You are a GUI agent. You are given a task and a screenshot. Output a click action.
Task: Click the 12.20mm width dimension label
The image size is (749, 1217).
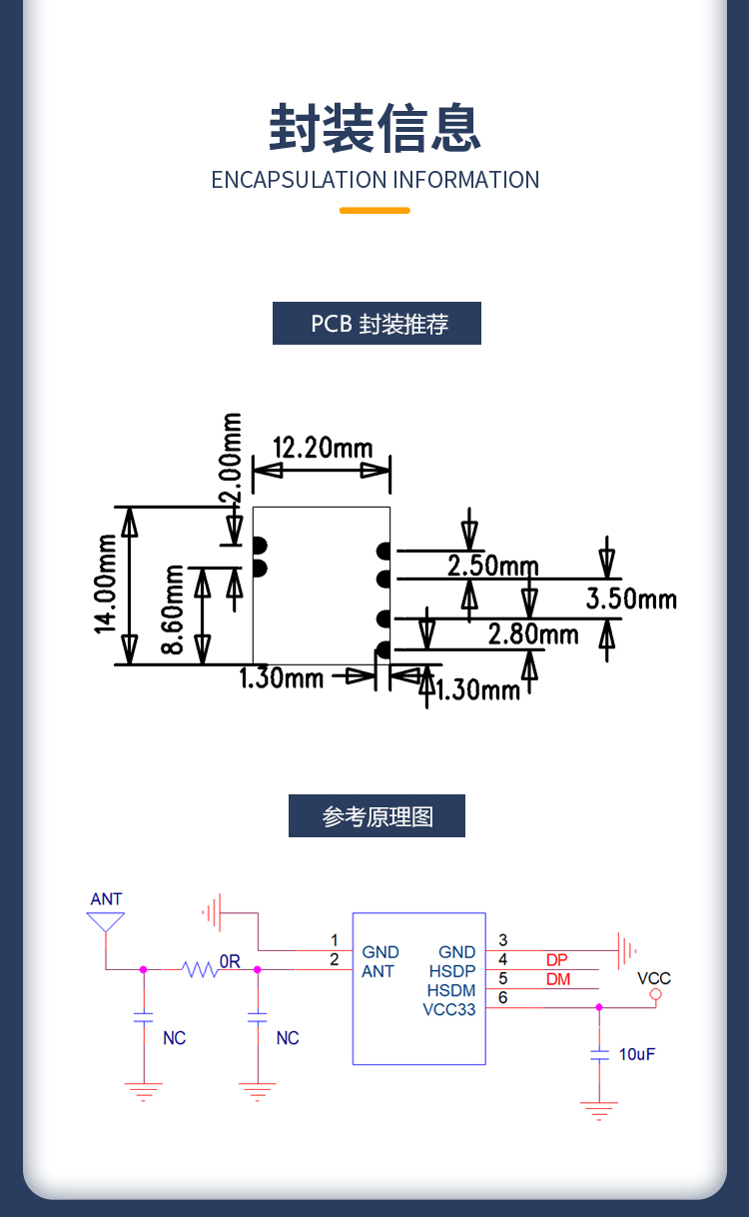point(322,447)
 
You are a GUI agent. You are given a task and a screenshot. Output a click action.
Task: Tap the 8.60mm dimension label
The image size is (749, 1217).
point(173,609)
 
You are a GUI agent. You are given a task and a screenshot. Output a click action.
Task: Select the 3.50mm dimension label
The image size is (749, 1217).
point(631,600)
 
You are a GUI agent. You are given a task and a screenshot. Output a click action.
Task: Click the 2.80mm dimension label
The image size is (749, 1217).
point(533,634)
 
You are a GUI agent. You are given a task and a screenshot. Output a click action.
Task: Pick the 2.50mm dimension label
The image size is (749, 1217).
point(492,567)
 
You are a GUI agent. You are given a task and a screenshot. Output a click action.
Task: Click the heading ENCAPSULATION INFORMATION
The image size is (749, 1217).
point(374,180)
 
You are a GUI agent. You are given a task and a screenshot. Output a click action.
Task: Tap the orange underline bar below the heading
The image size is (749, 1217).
point(374,210)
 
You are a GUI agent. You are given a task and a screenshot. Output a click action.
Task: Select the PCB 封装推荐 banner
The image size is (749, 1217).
point(376,324)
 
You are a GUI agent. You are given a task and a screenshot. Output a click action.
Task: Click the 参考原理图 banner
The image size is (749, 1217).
point(376,816)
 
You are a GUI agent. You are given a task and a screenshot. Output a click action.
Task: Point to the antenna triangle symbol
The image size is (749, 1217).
point(106,921)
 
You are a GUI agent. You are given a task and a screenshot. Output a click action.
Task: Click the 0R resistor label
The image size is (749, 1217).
point(230,961)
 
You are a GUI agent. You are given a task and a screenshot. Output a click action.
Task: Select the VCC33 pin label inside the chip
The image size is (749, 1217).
point(448,1009)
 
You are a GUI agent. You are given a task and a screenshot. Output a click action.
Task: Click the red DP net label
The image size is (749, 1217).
point(557,960)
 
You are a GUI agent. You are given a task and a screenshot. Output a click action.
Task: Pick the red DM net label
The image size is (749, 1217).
point(557,980)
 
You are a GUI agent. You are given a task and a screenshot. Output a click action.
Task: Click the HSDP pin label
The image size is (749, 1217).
point(452,971)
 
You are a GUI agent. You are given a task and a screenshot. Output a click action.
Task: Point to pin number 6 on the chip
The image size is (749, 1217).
point(502,997)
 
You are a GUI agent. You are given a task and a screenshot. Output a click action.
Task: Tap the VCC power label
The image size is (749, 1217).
point(654,978)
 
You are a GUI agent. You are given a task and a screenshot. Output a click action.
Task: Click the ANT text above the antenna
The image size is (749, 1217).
point(106,899)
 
